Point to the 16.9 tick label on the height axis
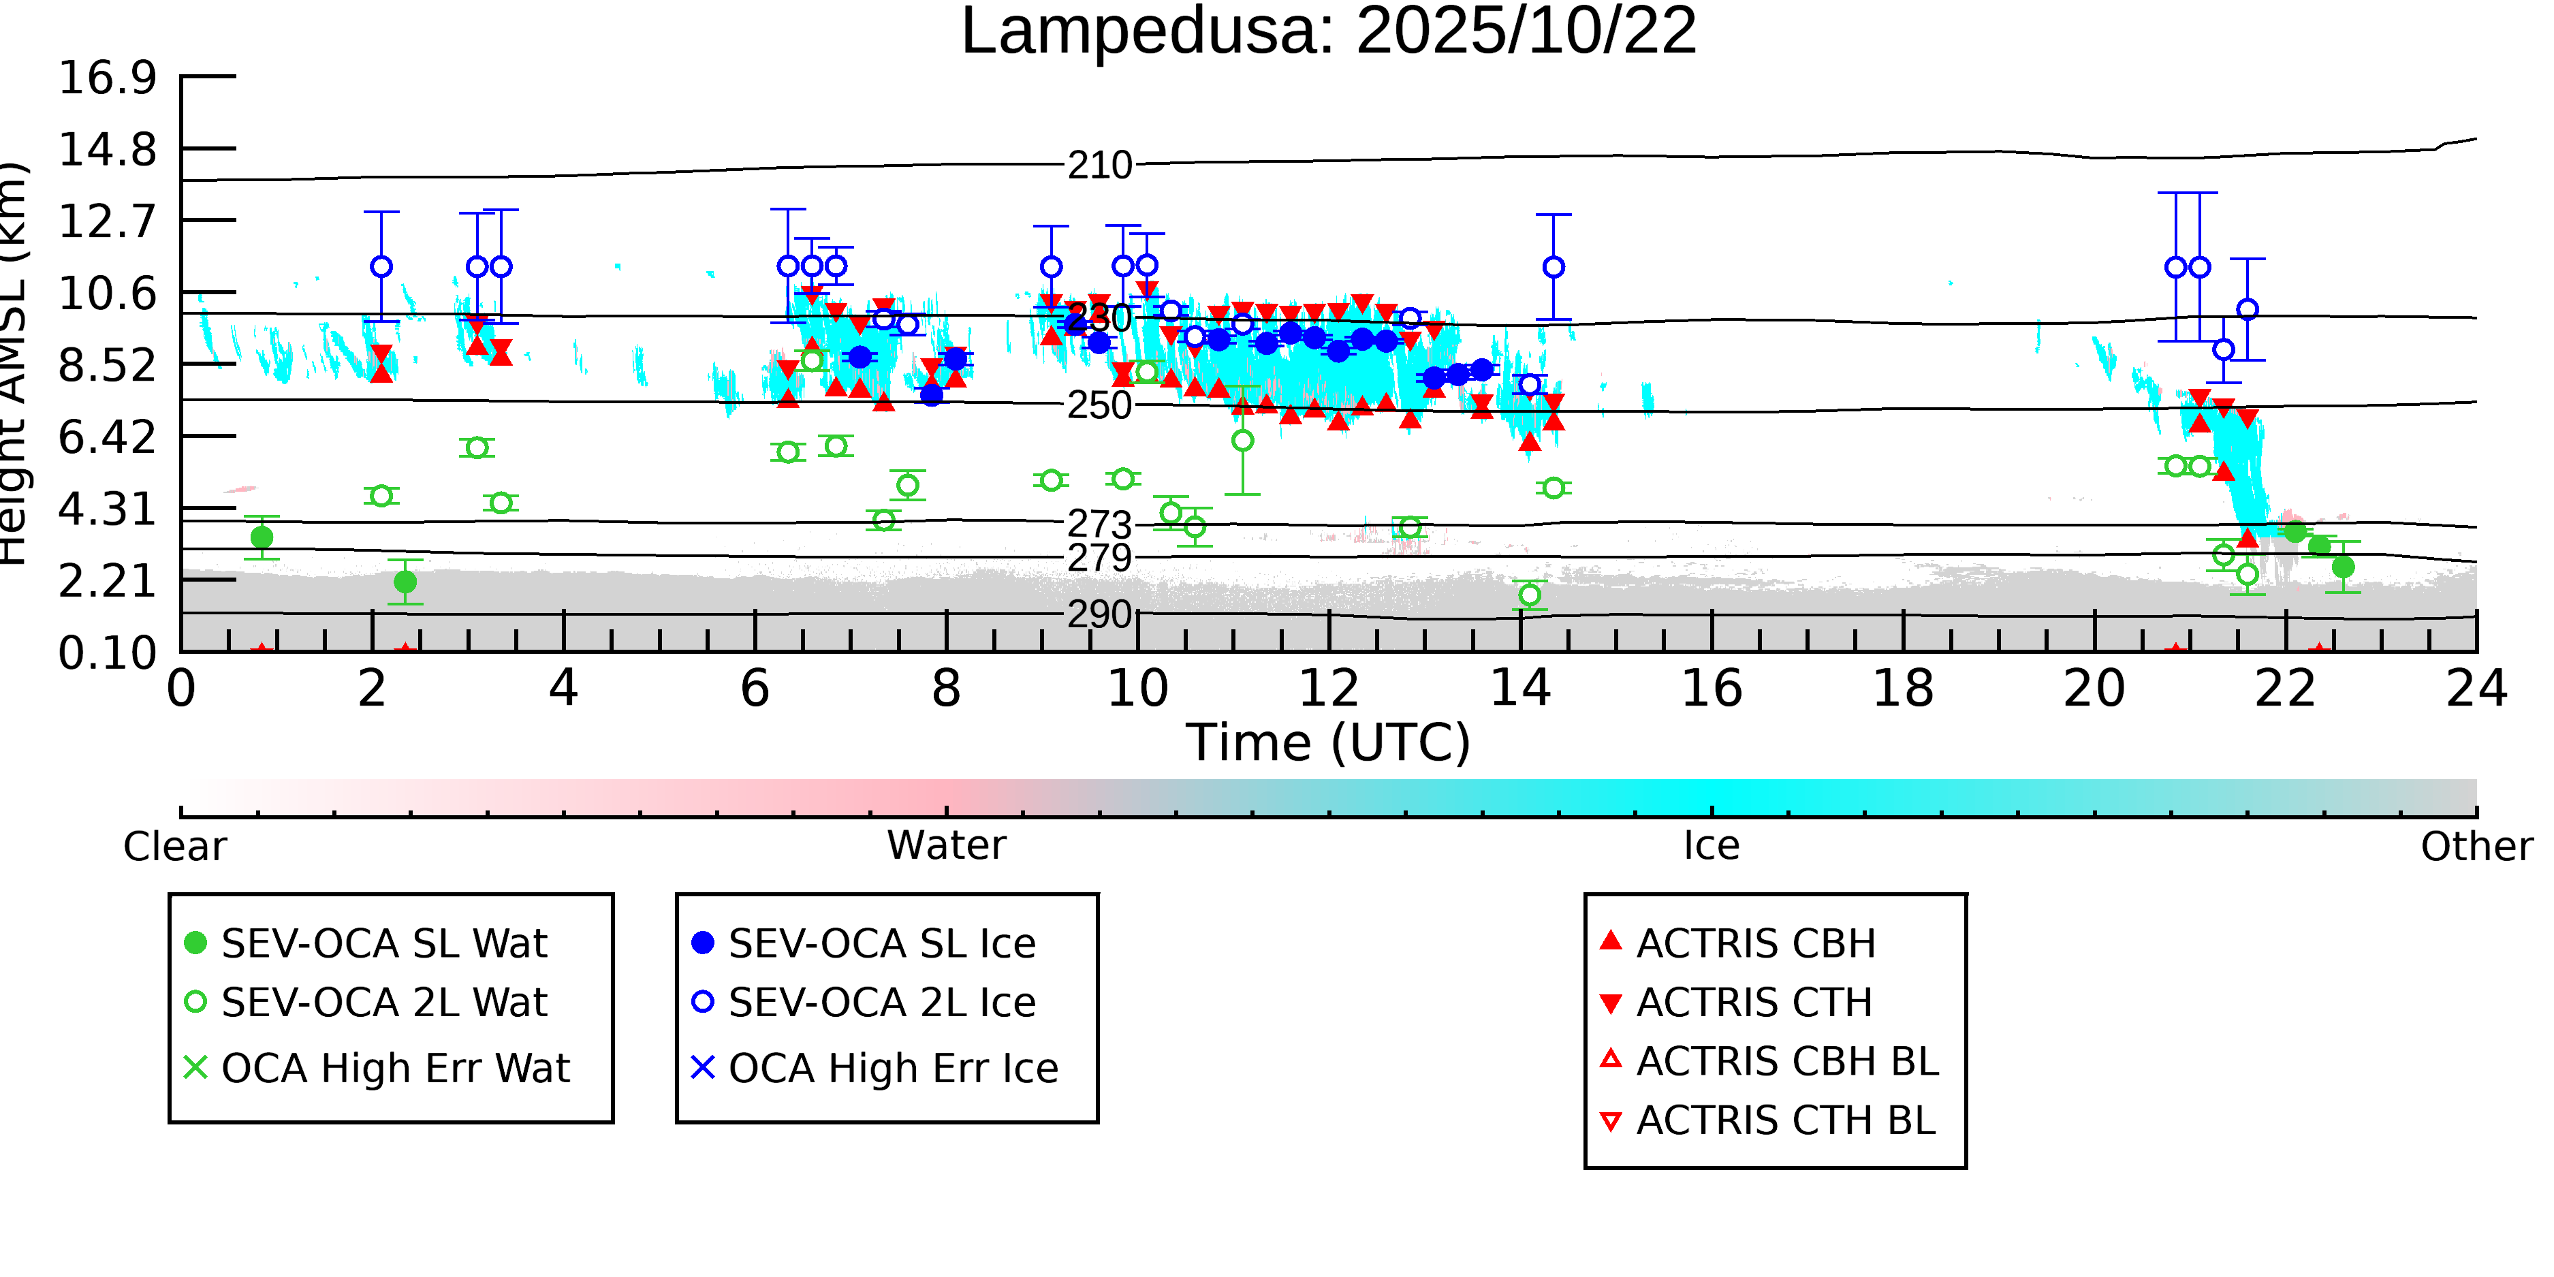point(107,78)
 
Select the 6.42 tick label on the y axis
point(107,437)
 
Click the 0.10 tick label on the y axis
point(107,653)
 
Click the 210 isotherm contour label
point(1099,165)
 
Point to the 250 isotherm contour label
point(1099,405)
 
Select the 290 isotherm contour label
point(1099,615)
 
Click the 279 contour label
point(1099,558)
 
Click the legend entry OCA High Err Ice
point(892,1069)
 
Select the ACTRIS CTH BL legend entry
point(1784,1121)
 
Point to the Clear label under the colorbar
point(174,847)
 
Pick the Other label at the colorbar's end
point(2476,847)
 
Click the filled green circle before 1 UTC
point(262,537)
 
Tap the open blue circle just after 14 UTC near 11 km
point(1554,267)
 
